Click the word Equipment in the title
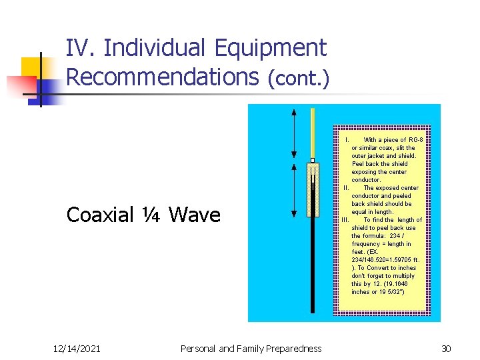pyautogui.click(x=271, y=48)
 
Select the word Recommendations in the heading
pyautogui.click(x=162, y=77)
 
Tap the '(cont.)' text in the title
pyautogui.click(x=297, y=79)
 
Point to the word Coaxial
pyautogui.click(x=100, y=215)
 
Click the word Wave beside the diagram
pyautogui.click(x=194, y=215)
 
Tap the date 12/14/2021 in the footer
pyautogui.click(x=77, y=348)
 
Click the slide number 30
pyautogui.click(x=446, y=348)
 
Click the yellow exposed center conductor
pyautogui.click(x=312, y=133)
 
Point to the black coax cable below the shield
pyautogui.click(x=312, y=267)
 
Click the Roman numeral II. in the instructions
pyautogui.click(x=346, y=188)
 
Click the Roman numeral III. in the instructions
pyautogui.click(x=345, y=220)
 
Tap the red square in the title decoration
pyautogui.click(x=21, y=86)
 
